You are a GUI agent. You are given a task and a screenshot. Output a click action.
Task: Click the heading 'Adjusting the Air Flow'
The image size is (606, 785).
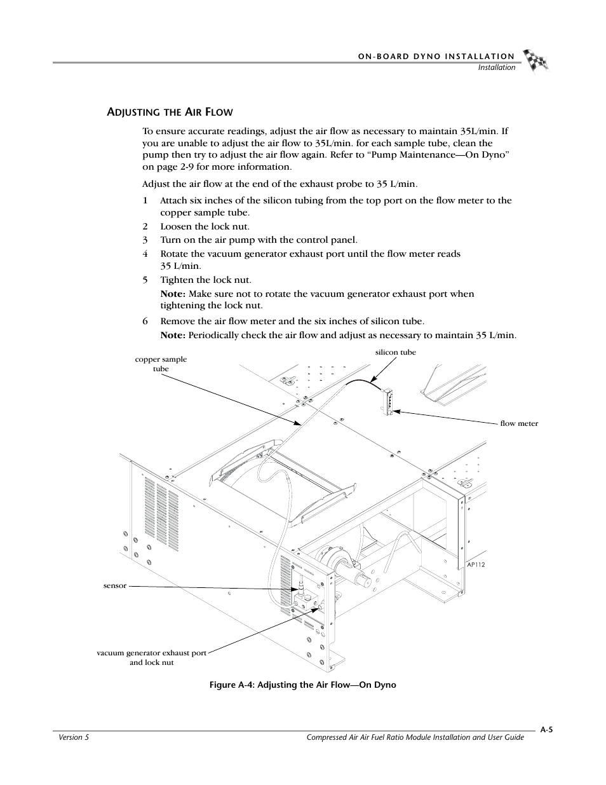point(169,113)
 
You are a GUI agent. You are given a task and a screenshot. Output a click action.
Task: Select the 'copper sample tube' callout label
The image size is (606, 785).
point(161,364)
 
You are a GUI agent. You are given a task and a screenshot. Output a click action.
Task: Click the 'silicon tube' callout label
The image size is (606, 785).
point(395,352)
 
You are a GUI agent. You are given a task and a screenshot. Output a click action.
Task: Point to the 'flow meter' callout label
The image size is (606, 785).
point(518,423)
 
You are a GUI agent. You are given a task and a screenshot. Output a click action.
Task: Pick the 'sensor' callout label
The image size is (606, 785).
point(115,585)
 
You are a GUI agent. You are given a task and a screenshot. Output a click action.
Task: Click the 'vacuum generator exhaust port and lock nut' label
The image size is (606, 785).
point(151,657)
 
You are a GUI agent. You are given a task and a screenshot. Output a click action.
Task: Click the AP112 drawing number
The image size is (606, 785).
point(475,564)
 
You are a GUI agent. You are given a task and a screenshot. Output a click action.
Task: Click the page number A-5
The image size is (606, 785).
point(546,730)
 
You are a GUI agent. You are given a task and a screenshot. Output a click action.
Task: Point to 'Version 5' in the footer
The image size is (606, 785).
point(71,737)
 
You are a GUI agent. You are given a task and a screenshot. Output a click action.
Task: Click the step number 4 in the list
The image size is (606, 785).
point(145,254)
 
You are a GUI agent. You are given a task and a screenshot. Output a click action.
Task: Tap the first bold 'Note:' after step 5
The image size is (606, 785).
point(172,294)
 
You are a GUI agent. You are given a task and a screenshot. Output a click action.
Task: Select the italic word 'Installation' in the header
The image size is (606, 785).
point(497,67)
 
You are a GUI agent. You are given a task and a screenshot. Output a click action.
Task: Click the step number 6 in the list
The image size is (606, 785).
point(145,321)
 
